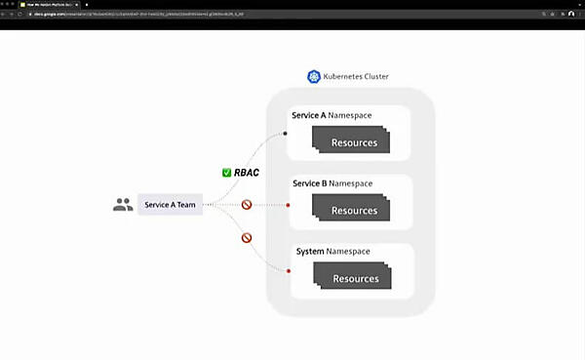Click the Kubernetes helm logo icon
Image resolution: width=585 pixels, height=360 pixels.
pyautogui.click(x=314, y=76)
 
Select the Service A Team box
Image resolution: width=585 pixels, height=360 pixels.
pyautogui.click(x=171, y=205)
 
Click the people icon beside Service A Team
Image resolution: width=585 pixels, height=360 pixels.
pyautogui.click(x=123, y=205)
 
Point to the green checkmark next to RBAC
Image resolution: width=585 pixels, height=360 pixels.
pyautogui.click(x=226, y=173)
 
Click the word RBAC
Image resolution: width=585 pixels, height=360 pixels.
pyautogui.click(x=248, y=173)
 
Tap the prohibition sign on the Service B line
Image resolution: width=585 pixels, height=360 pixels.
pyautogui.click(x=247, y=205)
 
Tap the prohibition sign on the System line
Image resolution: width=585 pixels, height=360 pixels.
pyautogui.click(x=247, y=238)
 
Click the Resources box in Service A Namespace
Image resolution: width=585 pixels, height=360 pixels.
pyautogui.click(x=353, y=142)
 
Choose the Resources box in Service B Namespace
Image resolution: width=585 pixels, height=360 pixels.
pyautogui.click(x=353, y=211)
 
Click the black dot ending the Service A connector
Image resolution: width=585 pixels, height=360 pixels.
pyautogui.click(x=286, y=131)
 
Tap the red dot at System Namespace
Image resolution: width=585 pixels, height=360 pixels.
pyautogui.click(x=289, y=270)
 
